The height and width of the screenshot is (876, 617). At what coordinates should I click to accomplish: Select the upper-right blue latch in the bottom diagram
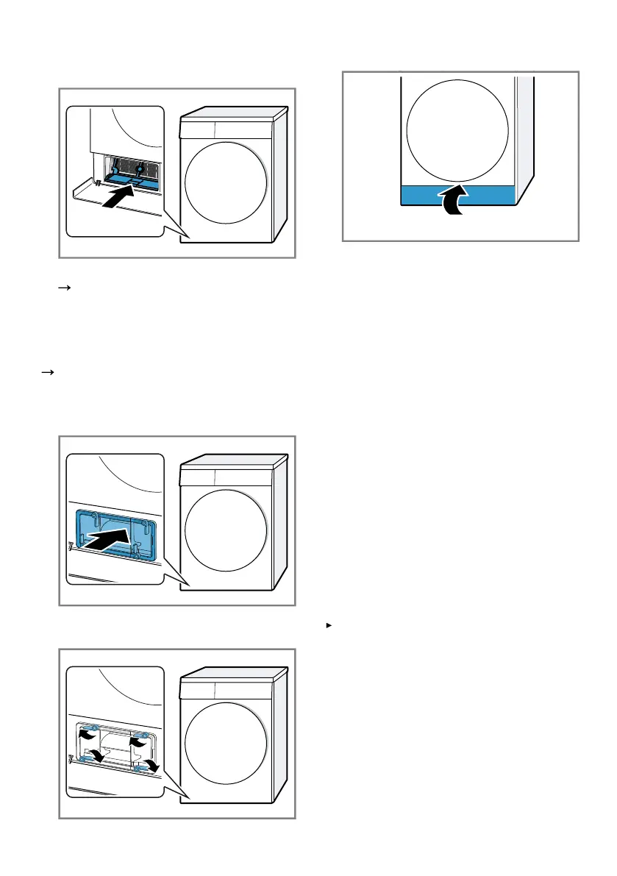pos(146,735)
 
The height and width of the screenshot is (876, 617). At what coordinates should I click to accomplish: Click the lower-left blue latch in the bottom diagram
pos(84,754)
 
